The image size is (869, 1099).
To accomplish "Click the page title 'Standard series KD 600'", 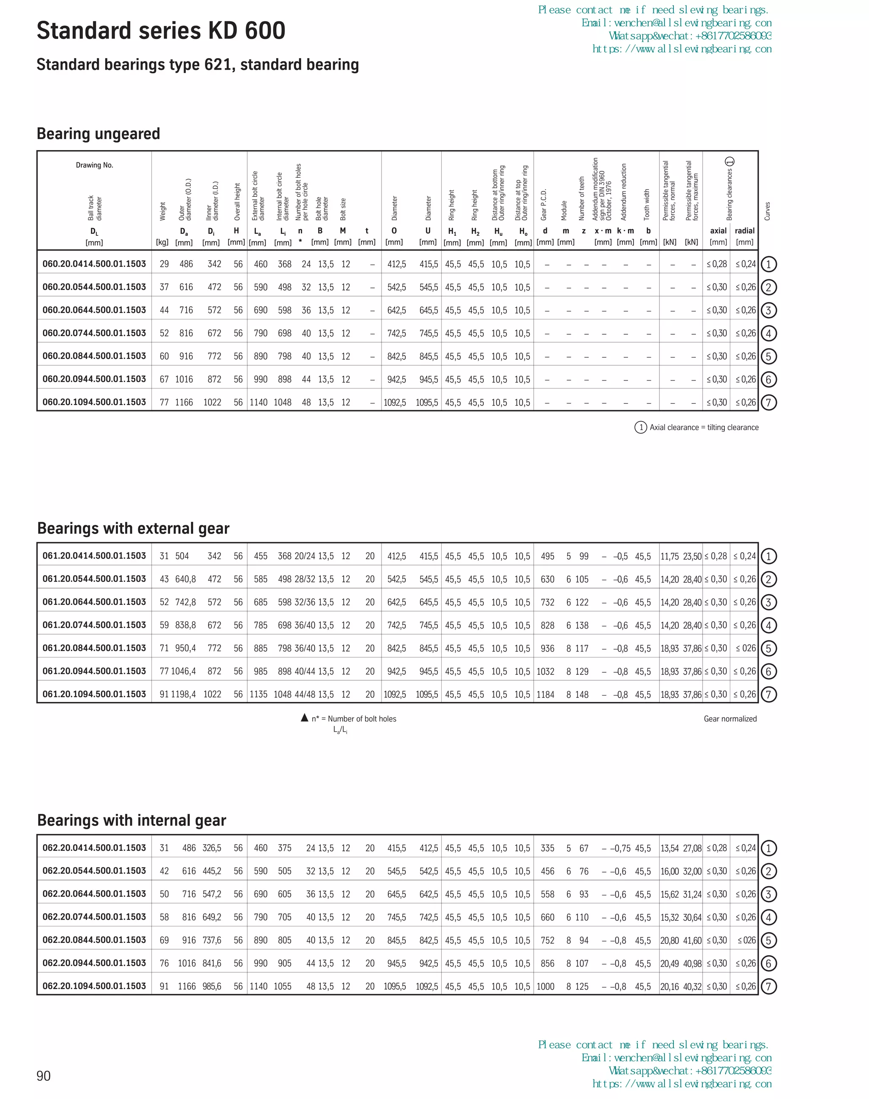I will [161, 31].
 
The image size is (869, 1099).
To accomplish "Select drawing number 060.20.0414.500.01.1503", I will [94, 264].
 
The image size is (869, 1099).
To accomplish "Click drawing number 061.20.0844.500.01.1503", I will [94, 648].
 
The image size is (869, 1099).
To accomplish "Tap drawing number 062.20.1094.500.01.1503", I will [94, 986].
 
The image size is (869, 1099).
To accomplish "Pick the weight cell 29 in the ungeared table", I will [164, 264].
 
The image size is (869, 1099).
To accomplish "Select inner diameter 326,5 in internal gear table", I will [212, 848].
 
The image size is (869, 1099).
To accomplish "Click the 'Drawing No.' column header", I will [95, 165].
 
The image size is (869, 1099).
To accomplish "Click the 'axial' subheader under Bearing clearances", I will [718, 231].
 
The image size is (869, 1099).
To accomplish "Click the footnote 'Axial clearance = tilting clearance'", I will [704, 428].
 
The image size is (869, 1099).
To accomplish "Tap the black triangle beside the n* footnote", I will [304, 718].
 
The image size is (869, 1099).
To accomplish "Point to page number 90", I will [44, 1076].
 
